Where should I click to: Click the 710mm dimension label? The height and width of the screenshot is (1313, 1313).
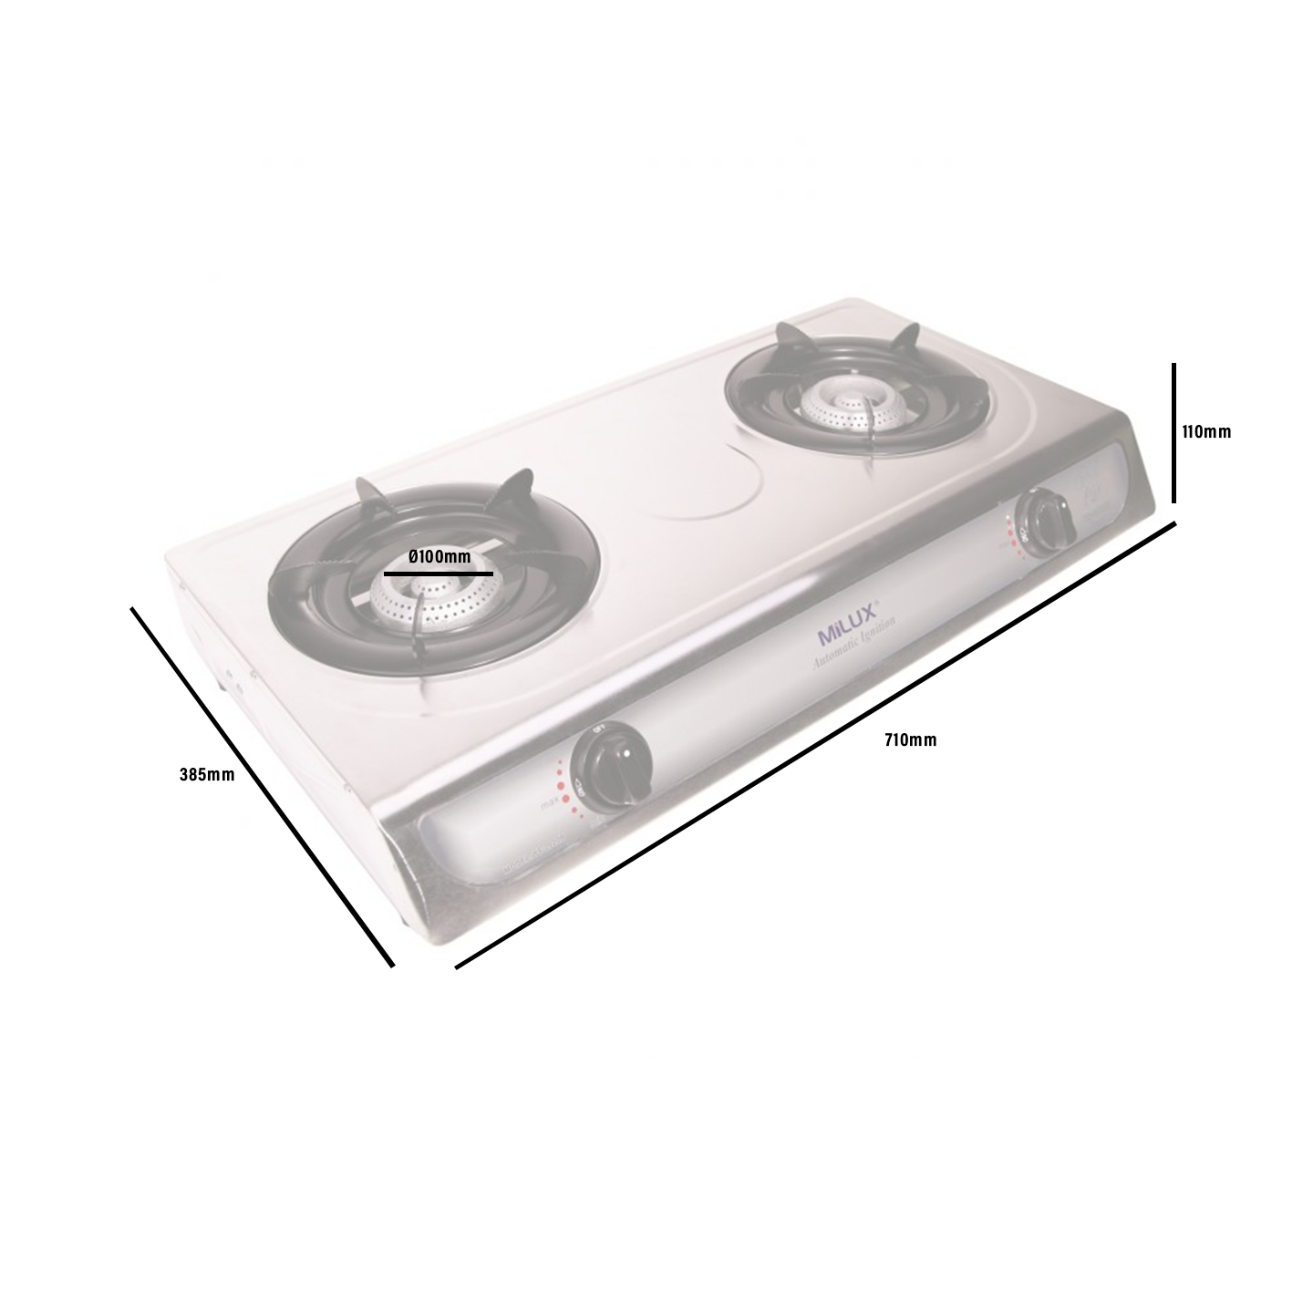pyautogui.click(x=909, y=740)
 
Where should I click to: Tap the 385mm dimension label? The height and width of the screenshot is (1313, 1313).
pyautogui.click(x=207, y=775)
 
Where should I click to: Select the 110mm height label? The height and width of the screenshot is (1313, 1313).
pyautogui.click(x=1205, y=432)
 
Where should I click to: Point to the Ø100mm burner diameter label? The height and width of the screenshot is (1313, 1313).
pyautogui.click(x=439, y=557)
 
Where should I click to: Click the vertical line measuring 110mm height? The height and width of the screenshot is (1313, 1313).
pyautogui.click(x=1173, y=433)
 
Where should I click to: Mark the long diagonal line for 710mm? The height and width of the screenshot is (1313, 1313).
pyautogui.click(x=814, y=745)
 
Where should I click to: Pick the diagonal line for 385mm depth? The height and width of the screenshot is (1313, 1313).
pyautogui.click(x=263, y=785)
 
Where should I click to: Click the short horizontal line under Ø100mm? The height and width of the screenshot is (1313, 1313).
pyautogui.click(x=439, y=574)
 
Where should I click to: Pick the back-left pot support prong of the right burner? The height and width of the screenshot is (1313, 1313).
pyautogui.click(x=788, y=337)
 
